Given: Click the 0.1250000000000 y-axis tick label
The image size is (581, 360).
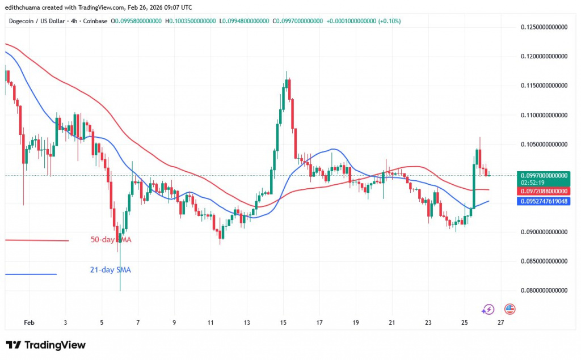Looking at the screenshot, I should pos(544,27).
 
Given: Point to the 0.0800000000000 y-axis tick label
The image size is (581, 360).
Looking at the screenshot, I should pos(544,290).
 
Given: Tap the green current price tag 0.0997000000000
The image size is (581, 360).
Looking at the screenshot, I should pos(544,176).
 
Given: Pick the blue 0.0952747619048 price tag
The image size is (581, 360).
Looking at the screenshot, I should pos(544,201).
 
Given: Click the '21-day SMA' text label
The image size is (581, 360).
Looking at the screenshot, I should pos(110,270).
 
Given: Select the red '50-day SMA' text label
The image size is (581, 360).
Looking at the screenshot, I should pos(111,240).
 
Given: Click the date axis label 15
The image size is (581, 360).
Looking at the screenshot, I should pos(283,322).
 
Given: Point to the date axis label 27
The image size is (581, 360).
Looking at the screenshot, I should pos(500,322).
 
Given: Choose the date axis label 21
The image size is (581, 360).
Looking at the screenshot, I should pos(391,322).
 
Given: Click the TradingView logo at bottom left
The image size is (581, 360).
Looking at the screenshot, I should pos(45,345).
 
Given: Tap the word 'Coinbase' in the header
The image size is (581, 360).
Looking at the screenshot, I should pos(95,21).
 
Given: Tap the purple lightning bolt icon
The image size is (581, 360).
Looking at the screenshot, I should pos(487,310).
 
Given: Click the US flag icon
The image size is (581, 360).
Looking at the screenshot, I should pos(509,310).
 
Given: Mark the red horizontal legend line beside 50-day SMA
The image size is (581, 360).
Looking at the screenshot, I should pos(36,240).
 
